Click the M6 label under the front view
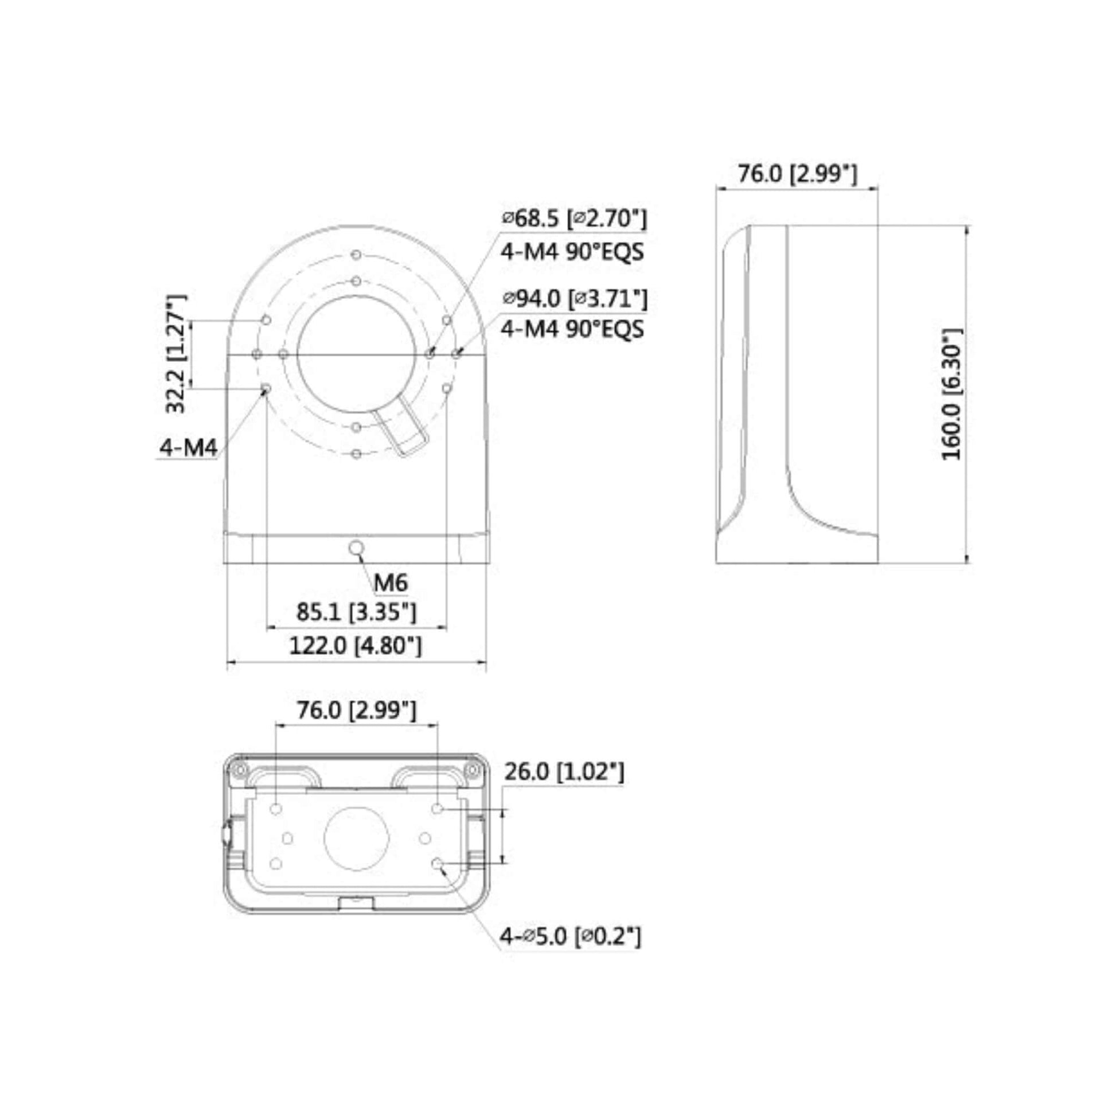(391, 583)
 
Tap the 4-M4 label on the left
(188, 447)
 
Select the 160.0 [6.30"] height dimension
(953, 394)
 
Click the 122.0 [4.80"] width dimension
(355, 645)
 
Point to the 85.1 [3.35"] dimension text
(356, 612)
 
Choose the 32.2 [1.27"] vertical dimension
(176, 353)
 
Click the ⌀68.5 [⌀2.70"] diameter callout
(574, 218)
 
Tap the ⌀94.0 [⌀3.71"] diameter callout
(574, 299)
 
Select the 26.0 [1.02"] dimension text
(564, 772)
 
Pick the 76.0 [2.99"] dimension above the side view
(797, 173)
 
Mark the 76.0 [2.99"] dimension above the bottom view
(356, 711)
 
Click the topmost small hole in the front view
(356, 255)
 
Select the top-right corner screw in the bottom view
(473, 770)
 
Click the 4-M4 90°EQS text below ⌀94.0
(572, 329)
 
